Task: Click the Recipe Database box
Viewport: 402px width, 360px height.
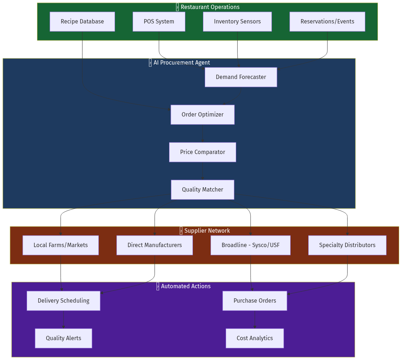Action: click(82, 22)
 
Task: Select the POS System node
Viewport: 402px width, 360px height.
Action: click(159, 22)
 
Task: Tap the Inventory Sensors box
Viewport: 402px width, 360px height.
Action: click(237, 22)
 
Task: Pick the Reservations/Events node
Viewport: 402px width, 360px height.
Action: click(327, 22)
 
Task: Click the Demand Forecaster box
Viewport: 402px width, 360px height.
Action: click(241, 77)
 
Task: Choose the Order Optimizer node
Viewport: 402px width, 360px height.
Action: click(202, 115)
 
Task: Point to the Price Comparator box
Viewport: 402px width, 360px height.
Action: click(202, 152)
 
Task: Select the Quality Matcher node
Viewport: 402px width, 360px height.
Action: click(202, 190)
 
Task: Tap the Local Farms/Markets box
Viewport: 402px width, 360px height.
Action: click(61, 245)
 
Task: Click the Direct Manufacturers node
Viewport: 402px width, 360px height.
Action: click(154, 245)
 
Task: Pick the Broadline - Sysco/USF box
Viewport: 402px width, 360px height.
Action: click(250, 245)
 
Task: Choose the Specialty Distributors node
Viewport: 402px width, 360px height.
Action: click(347, 245)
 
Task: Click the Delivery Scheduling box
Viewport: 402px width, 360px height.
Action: click(63, 301)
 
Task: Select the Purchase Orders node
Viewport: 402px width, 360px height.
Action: click(255, 301)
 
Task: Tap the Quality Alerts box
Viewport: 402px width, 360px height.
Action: click(63, 338)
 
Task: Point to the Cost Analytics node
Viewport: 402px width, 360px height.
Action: click(255, 338)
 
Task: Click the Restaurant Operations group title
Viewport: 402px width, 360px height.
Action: click(209, 7)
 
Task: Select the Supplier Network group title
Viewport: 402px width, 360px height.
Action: click(207, 231)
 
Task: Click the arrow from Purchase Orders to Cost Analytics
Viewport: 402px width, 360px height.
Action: click(255, 319)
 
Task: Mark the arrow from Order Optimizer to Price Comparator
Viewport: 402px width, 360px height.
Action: click(202, 133)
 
